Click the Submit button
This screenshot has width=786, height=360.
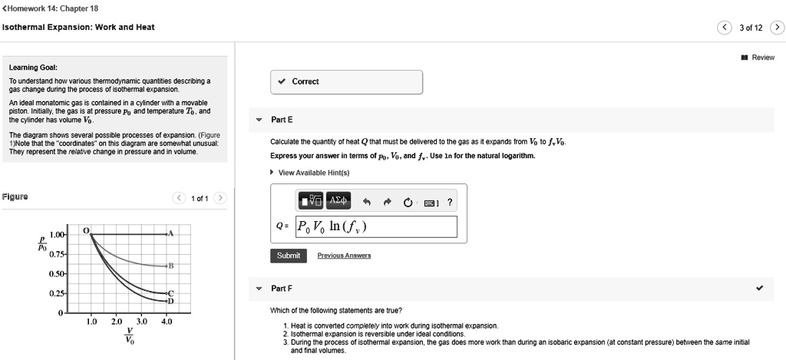click(289, 256)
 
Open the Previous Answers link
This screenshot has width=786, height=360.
click(344, 256)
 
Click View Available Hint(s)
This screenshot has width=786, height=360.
click(313, 173)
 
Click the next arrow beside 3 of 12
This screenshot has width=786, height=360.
click(778, 28)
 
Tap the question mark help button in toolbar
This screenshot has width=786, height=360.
click(450, 203)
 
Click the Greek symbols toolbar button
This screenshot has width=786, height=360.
click(338, 202)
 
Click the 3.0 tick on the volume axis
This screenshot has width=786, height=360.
click(141, 321)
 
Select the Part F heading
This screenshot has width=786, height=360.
click(282, 289)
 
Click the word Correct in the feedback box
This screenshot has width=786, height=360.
click(305, 81)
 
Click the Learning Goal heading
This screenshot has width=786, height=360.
click(31, 67)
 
